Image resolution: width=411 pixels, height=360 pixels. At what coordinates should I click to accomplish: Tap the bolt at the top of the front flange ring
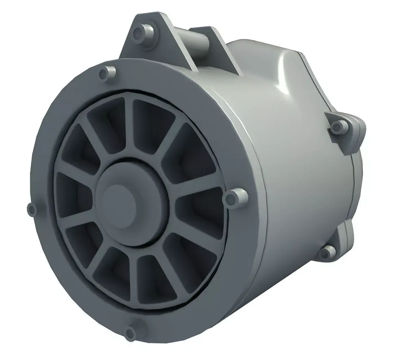pos(105,73)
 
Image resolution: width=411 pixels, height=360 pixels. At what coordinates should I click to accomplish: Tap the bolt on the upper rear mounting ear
pos(338,127)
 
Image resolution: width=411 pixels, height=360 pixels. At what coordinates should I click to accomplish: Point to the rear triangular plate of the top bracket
pos(223,51)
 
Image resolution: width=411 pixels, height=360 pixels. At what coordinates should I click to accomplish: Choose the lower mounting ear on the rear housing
pos(342,237)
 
